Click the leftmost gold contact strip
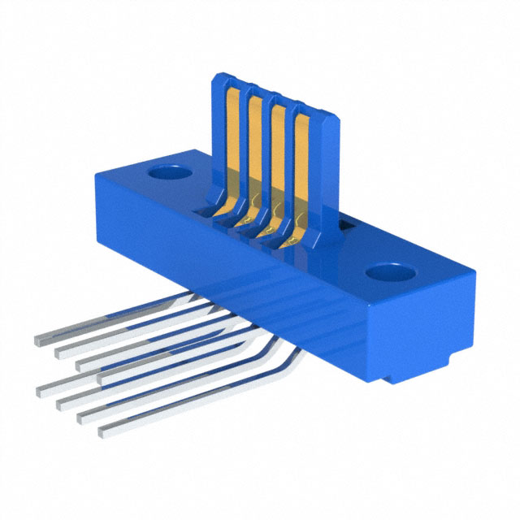(230, 138)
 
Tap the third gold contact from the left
(278, 154)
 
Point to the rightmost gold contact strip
(301, 162)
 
